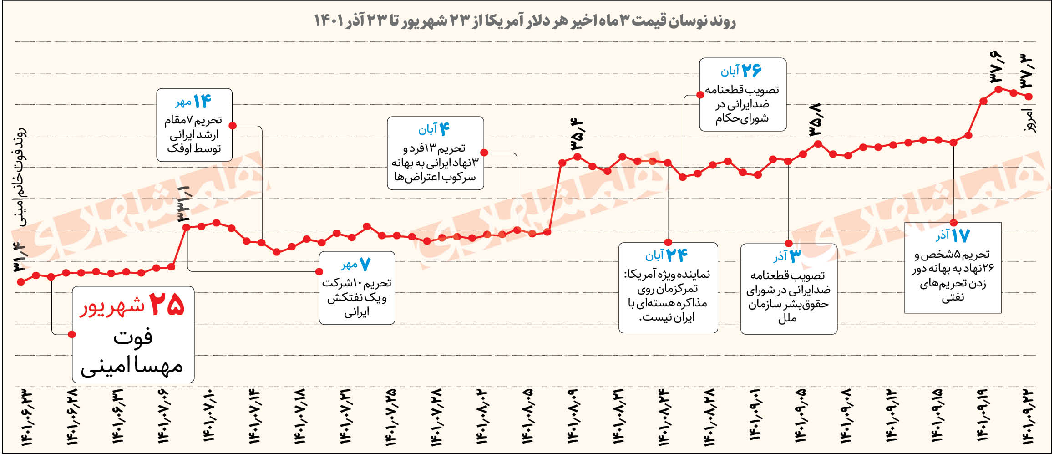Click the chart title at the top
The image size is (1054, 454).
(x=524, y=21)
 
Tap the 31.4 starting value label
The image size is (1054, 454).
(x=20, y=258)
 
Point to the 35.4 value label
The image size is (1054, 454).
(x=576, y=135)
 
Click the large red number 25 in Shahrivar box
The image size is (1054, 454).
(x=167, y=304)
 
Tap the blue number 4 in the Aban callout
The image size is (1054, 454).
(x=444, y=129)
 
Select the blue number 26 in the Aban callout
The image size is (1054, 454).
(x=751, y=70)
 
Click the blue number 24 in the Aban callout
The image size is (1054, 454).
(x=676, y=255)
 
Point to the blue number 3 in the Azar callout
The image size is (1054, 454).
(x=795, y=256)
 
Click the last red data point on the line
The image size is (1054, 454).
(x=1029, y=96)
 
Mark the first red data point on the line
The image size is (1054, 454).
(x=20, y=282)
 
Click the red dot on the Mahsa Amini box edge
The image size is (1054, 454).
(x=72, y=334)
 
